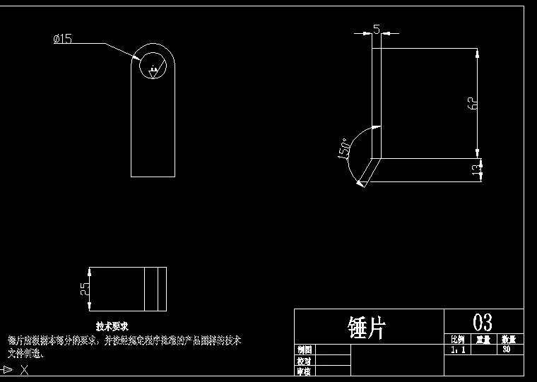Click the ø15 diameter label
tap(63, 39)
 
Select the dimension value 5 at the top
tap(376, 29)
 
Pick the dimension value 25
tap(85, 288)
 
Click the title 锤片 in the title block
tap(367, 327)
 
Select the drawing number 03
tap(483, 323)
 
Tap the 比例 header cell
tap(457, 340)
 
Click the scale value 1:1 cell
tap(457, 350)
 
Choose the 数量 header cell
tap(509, 340)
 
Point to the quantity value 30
tap(506, 350)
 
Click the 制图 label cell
tap(305, 350)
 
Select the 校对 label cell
tap(305, 360)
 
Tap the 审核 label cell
tap(305, 371)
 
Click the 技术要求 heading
tap(112, 326)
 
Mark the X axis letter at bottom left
tap(24, 369)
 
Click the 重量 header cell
tap(483, 340)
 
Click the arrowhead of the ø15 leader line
tap(137, 57)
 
